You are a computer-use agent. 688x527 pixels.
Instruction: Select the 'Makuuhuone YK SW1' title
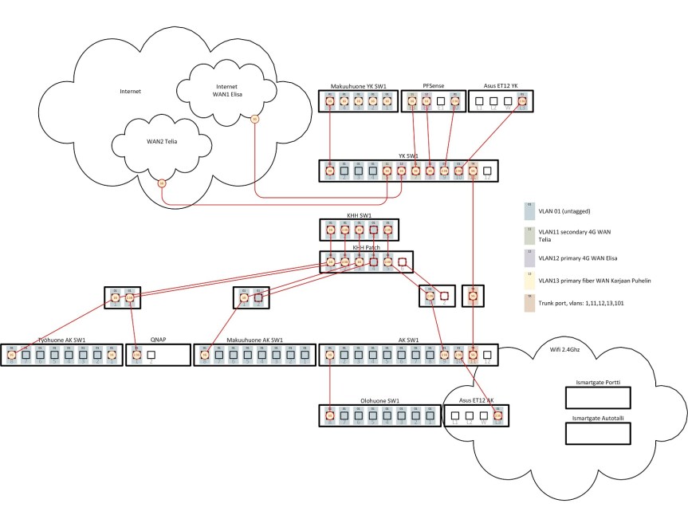[x=358, y=85]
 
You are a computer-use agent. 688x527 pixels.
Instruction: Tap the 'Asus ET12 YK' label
[x=500, y=85]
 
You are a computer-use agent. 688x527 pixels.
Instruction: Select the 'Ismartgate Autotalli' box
[x=597, y=434]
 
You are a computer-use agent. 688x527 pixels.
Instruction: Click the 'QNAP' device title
[x=158, y=339]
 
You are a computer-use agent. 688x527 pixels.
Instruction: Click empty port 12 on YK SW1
[x=487, y=170]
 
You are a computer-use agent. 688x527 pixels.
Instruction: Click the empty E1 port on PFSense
[x=441, y=102]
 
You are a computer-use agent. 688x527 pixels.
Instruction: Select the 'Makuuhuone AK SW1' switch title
[x=252, y=339]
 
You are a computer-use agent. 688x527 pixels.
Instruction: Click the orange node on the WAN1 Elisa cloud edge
[x=254, y=120]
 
